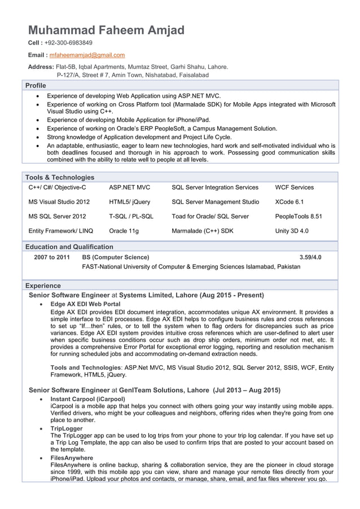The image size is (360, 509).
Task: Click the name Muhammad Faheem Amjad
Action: tap(106, 30)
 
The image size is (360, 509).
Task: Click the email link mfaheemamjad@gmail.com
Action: tap(87, 55)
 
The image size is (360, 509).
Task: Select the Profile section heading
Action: tap(35, 85)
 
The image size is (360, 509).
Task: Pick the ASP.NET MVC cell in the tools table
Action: tap(129, 187)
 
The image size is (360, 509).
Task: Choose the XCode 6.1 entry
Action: tap(289, 201)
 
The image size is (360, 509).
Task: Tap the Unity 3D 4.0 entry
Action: tap(292, 231)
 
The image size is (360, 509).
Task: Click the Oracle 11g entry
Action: tap(124, 231)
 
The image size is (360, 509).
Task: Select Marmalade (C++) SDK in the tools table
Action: tap(202, 231)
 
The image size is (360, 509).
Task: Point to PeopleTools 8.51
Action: tap(298, 216)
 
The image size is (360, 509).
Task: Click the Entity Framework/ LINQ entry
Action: tap(60, 231)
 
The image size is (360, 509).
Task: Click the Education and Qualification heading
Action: tap(69, 247)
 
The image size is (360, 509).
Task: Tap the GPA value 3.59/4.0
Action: tap(310, 257)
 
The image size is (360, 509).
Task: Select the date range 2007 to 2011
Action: tap(52, 257)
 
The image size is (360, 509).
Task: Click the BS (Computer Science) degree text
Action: tap(116, 257)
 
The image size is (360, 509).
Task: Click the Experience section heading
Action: tap(43, 286)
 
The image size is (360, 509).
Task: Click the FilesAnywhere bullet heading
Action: tap(72, 458)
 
